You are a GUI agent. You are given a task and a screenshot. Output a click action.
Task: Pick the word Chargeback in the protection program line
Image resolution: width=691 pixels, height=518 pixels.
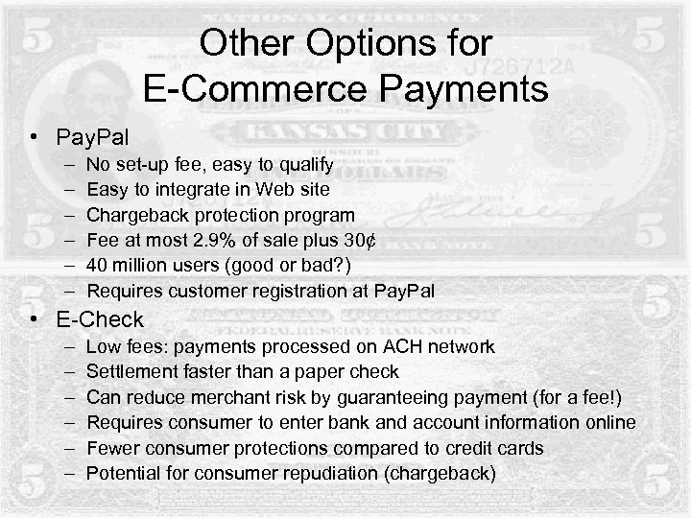pos(135,215)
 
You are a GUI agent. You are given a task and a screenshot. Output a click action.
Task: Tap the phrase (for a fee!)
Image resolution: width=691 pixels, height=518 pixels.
pos(563,396)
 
